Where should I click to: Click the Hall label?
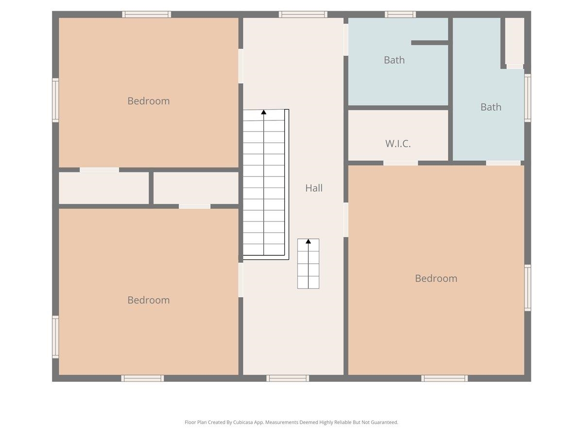314,188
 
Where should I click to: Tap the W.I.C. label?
398,144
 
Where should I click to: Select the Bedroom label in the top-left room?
149,101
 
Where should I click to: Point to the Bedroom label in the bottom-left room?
149,300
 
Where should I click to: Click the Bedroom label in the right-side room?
436,278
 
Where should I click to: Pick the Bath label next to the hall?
394,60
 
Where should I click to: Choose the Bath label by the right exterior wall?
491,107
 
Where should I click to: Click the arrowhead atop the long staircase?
263,112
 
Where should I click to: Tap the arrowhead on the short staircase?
308,241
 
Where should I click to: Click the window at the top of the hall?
303,15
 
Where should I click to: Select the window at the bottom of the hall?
288,378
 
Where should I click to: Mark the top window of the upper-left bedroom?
147,15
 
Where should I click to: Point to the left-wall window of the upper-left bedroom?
55,101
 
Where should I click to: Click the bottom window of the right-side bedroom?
445,378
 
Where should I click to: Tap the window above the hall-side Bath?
400,15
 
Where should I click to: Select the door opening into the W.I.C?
400,163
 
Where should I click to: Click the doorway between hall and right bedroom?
346,219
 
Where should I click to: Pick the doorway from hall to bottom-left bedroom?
240,280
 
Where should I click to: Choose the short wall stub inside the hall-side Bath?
429,43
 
